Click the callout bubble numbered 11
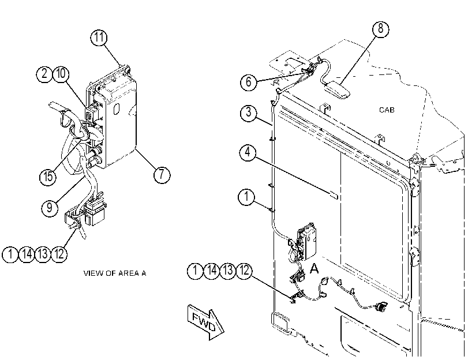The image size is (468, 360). [x=99, y=37]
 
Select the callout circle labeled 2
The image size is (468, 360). [x=44, y=74]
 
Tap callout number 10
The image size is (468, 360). [x=61, y=74]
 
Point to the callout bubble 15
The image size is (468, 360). [x=48, y=177]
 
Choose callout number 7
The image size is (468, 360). [x=162, y=174]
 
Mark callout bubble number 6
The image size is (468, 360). [x=249, y=82]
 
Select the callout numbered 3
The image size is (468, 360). [x=248, y=113]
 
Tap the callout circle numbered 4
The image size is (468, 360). [x=248, y=152]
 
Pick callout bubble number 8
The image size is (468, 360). [x=381, y=29]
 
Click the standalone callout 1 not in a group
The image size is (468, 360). [x=246, y=197]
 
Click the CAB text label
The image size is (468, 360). [x=387, y=110]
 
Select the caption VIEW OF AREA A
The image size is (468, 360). [x=115, y=273]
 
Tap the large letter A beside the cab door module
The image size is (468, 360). [x=315, y=268]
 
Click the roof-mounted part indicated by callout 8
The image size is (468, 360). [x=337, y=90]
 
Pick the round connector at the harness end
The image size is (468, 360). [x=381, y=306]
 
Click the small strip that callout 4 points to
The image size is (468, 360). [x=334, y=196]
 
